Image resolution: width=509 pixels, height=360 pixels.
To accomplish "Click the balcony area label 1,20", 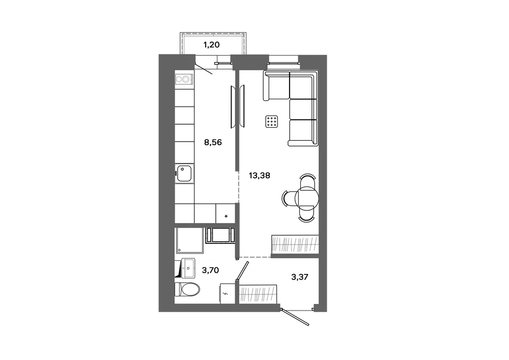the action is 211,45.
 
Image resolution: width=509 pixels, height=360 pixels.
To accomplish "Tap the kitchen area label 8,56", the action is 213,142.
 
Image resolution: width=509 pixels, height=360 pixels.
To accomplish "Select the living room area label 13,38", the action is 260,176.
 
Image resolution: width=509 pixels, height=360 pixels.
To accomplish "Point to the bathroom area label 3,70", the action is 210,270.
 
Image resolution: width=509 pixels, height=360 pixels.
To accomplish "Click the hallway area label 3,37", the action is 300,277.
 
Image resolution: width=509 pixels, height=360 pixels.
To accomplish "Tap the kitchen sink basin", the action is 184,173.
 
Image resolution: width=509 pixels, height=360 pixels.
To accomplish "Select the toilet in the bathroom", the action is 187,289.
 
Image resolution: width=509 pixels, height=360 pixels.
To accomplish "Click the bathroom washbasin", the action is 188,268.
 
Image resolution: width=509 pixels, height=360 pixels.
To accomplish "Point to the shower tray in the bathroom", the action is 189,240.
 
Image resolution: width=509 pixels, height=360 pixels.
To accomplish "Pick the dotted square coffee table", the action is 272,122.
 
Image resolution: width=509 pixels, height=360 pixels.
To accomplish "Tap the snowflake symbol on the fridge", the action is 227,216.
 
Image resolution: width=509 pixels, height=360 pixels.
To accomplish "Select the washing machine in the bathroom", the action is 220,235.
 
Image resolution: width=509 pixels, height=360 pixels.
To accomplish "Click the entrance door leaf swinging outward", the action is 295,317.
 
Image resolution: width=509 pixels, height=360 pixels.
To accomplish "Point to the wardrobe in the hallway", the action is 259,294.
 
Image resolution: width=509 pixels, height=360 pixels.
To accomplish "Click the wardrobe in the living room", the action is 295,244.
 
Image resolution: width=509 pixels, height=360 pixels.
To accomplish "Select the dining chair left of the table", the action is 288,198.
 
